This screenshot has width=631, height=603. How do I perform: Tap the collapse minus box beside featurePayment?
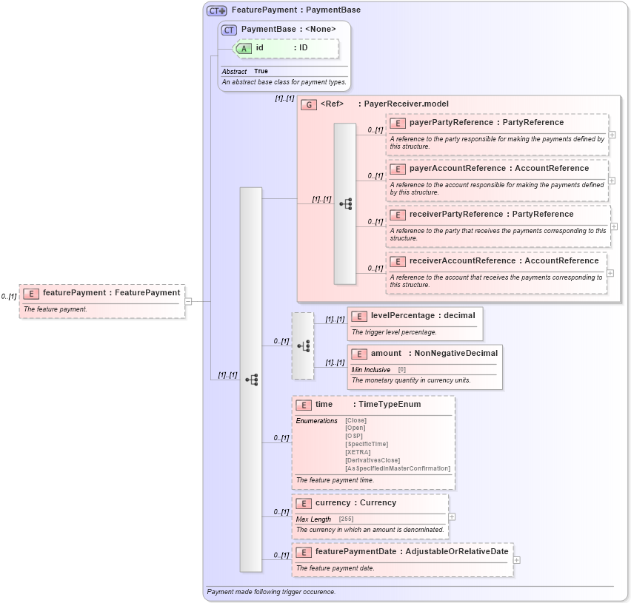(x=188, y=301)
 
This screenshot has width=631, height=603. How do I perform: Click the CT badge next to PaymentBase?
(x=229, y=30)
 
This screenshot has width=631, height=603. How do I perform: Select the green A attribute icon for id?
(x=244, y=48)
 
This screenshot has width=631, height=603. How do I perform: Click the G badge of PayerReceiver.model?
(x=309, y=104)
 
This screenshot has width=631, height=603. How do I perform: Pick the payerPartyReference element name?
(x=451, y=123)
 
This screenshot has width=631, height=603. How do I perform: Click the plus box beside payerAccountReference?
(x=612, y=180)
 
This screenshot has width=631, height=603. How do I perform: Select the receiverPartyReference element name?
(x=454, y=215)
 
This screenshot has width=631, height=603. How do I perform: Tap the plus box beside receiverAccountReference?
(x=610, y=272)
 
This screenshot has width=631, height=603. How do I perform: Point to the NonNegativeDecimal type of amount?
(x=455, y=354)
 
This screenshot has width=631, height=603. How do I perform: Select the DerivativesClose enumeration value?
(x=372, y=460)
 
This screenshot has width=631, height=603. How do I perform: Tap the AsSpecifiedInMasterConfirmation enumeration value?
(x=397, y=468)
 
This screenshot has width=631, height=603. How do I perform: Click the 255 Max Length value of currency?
(x=346, y=519)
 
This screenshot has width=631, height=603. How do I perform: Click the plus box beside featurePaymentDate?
(x=516, y=560)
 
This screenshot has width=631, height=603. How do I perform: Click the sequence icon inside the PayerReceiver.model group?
(x=345, y=203)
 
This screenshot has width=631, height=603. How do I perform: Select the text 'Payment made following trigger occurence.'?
(x=271, y=592)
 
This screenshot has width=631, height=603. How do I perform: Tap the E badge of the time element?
(x=303, y=405)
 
